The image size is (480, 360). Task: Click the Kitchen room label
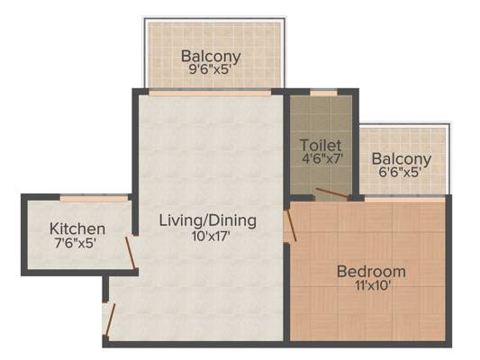pos(77,229)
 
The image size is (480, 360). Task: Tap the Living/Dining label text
pos(208,220)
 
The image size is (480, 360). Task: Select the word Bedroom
pos(371,271)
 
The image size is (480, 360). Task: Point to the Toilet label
pos(321,145)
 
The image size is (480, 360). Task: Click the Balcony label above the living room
pos(211,57)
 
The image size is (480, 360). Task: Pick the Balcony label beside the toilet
pos(402,159)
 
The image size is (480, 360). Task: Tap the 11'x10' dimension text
pos(373,285)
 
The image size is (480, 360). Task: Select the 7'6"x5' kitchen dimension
pos(76,243)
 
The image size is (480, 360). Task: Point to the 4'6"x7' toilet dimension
pos(322,158)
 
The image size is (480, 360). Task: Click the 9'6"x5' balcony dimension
pos(210,69)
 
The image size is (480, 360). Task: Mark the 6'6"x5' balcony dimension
pos(399,172)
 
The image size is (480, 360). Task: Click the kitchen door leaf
pos(130,254)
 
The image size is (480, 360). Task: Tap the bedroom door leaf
pos(291,225)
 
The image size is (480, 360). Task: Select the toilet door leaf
pos(331,193)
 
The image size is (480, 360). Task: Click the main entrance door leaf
pos(110,319)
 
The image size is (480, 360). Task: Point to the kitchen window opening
pos(94,199)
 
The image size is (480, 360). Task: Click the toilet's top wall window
pos(323,93)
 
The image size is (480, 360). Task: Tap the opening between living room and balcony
pos(210,93)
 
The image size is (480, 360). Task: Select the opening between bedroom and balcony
pos(404,200)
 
